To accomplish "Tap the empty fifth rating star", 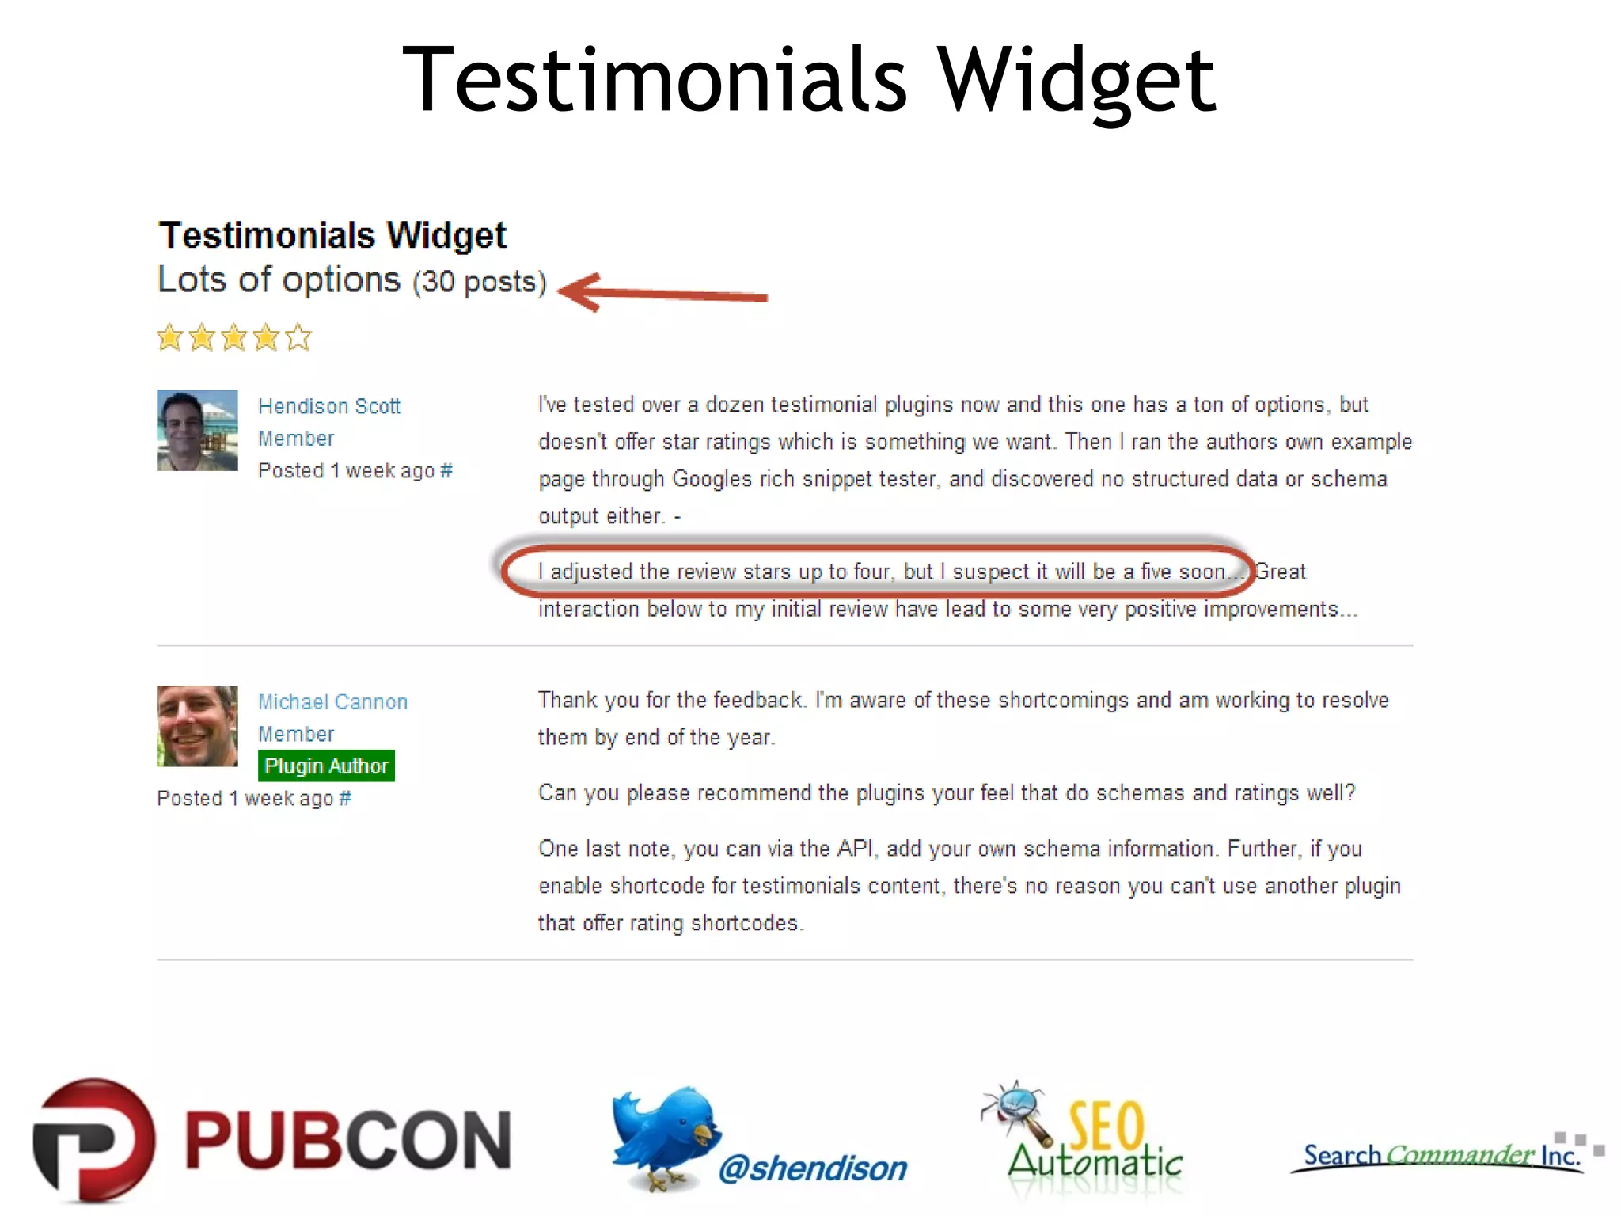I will point(298,338).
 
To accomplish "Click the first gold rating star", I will point(169,338).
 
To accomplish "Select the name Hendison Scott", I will point(329,406).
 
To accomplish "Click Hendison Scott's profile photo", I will point(197,431).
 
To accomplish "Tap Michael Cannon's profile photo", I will point(197,726).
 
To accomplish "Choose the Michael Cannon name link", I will point(332,702).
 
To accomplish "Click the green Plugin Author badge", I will point(326,766).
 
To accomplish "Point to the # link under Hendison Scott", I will point(446,470).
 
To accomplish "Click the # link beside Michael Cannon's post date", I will point(345,798).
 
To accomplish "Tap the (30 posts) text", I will point(480,282).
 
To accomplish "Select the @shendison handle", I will point(813,1168).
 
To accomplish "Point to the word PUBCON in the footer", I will point(348,1140).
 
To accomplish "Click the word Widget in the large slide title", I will point(1076,79).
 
